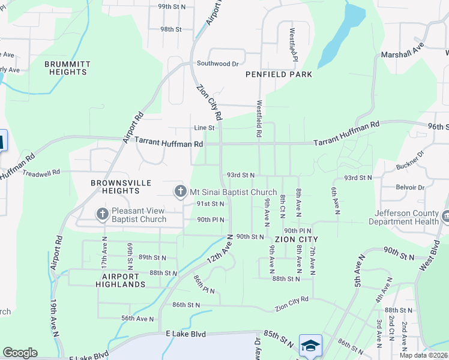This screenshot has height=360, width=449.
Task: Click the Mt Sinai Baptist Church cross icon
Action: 179,192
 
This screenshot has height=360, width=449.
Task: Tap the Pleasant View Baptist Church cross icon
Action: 103,214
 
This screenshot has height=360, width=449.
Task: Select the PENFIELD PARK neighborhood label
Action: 279,74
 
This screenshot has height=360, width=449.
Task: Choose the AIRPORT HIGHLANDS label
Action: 119,280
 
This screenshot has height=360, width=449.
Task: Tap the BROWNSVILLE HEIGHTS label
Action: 115,187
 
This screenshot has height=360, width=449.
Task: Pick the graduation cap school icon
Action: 310,346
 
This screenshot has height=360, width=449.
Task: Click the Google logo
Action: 20,353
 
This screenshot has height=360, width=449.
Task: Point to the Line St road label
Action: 204,128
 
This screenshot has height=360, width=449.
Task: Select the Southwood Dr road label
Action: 218,63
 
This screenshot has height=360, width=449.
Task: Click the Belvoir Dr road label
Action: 411,187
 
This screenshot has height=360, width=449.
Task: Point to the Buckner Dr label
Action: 410,161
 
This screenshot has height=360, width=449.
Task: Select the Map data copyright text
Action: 423,355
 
